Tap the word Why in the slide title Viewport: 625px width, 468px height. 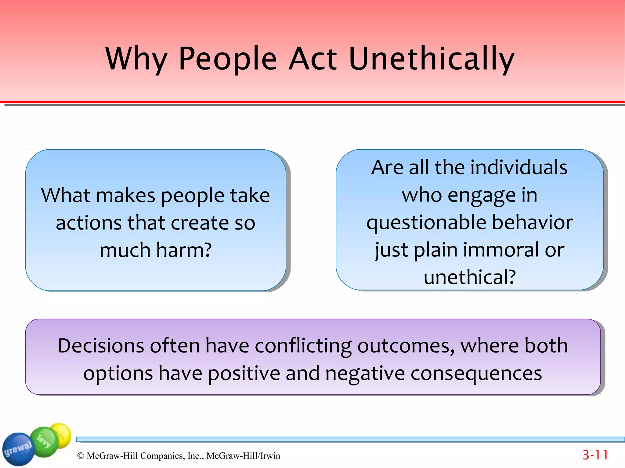point(136,59)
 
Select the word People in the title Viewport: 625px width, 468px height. point(227,59)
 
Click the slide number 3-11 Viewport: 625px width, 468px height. point(595,455)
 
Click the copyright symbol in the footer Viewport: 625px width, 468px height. point(81,456)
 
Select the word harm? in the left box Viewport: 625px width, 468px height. point(184,250)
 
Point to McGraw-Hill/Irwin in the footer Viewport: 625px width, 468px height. point(243,456)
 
